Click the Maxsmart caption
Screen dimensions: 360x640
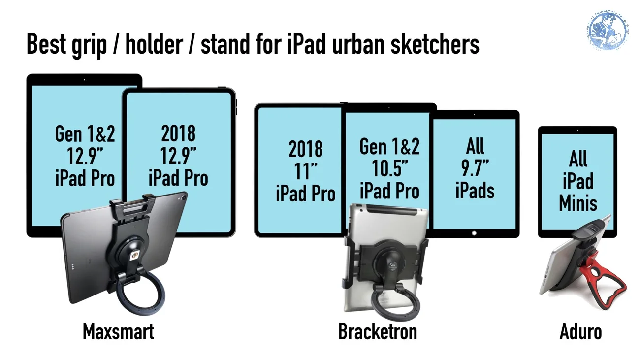point(118,331)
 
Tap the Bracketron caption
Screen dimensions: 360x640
point(377,331)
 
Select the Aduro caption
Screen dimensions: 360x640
point(580,331)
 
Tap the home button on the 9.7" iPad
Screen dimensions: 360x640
point(475,232)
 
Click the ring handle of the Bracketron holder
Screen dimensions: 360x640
point(395,301)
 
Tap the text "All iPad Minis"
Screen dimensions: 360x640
point(578,181)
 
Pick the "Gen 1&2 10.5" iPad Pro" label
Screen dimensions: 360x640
point(389,168)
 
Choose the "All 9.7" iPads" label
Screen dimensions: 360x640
point(475,168)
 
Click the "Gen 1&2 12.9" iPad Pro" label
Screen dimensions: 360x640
point(85,156)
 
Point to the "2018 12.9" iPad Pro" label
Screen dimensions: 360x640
point(178,156)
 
